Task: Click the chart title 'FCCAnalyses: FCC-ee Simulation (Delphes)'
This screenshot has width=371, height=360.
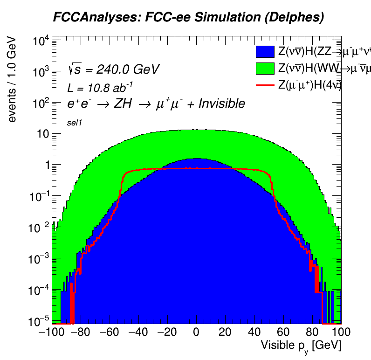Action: coord(188,18)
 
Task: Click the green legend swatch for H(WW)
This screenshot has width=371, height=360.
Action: coord(265,69)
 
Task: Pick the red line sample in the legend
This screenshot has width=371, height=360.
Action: coord(265,85)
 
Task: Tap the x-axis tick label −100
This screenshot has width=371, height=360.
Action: coord(49,332)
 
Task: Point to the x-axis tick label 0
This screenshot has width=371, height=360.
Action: coord(196,332)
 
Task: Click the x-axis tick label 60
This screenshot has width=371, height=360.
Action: coord(283,332)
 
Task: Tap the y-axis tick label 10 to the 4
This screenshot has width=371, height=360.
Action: coord(42,41)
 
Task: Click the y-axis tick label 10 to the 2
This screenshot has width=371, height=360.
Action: coord(42,103)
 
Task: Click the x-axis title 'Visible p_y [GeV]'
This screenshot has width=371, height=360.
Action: coord(301,346)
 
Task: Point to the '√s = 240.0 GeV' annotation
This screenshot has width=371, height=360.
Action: coord(113,70)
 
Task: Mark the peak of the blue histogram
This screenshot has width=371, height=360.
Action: coord(196,159)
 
